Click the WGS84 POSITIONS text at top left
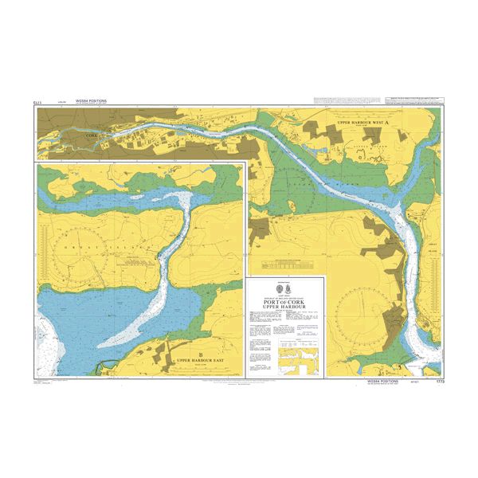[x=91, y=101]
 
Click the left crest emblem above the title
[x=280, y=287]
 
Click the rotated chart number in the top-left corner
[x=37, y=103]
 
